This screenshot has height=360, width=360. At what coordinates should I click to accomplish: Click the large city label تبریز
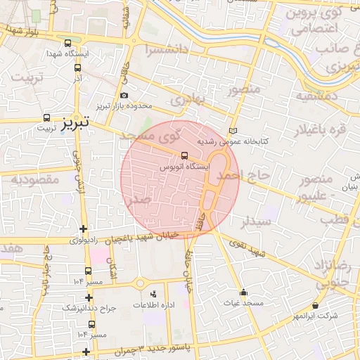tap(73, 123)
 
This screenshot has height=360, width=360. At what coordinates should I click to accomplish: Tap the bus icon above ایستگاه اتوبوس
tap(184, 155)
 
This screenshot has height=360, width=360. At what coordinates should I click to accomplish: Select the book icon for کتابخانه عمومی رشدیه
tap(233, 131)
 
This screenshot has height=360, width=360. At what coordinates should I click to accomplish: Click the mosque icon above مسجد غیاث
tap(243, 292)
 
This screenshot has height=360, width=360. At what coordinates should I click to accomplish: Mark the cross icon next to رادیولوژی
tap(84, 229)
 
